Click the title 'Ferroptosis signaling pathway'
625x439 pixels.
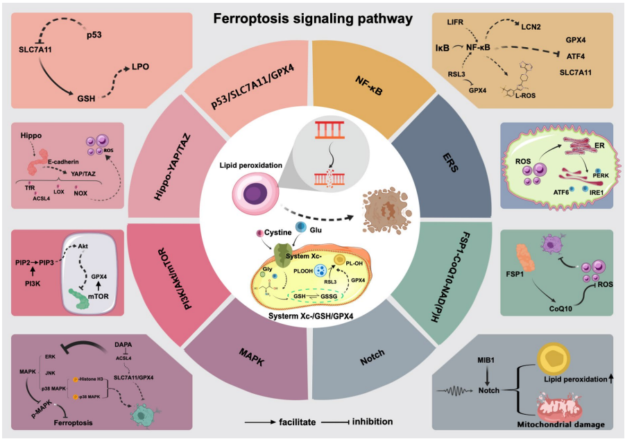(312, 18)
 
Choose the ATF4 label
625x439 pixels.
(577, 57)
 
